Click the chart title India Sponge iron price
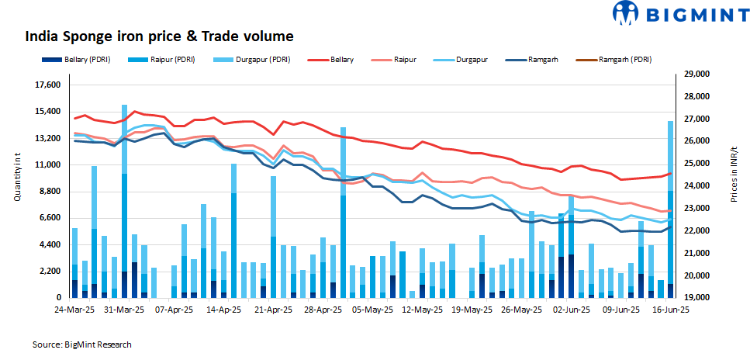[160, 36]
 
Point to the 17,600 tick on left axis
[48, 85]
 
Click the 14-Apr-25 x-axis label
[223, 309]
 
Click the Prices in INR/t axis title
[733, 175]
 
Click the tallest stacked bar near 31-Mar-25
[124, 202]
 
